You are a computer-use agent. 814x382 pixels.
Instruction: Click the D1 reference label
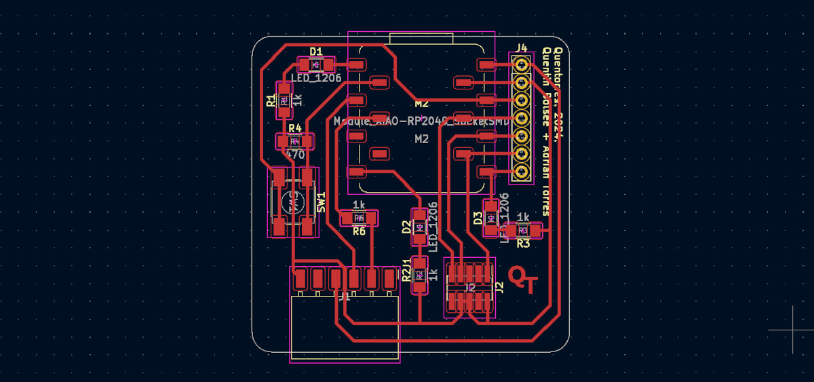[x=315, y=51]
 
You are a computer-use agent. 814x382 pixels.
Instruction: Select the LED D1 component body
[x=315, y=64]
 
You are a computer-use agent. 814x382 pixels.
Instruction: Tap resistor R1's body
[x=284, y=100]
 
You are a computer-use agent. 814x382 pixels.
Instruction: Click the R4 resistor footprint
[x=294, y=142]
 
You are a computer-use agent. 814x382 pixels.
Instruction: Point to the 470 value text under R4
[x=294, y=155]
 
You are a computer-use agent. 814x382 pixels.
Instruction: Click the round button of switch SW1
[x=293, y=202]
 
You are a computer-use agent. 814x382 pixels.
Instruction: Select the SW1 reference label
[x=322, y=202]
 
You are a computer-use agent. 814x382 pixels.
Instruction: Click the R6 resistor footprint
[x=359, y=218]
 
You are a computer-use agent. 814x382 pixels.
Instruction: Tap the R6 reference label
[x=359, y=231]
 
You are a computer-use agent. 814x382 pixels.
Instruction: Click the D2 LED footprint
[x=419, y=227]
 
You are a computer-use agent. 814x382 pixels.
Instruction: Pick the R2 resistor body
[x=419, y=275]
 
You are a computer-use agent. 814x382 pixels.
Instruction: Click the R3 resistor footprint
[x=523, y=231]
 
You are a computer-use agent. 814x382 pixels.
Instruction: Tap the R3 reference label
[x=523, y=242]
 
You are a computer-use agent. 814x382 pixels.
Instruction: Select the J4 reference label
[x=521, y=47]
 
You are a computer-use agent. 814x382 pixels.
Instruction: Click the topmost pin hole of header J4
[x=521, y=64]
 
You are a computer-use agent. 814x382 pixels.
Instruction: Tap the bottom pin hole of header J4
[x=521, y=173]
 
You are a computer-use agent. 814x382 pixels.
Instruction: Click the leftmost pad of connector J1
[x=300, y=278]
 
